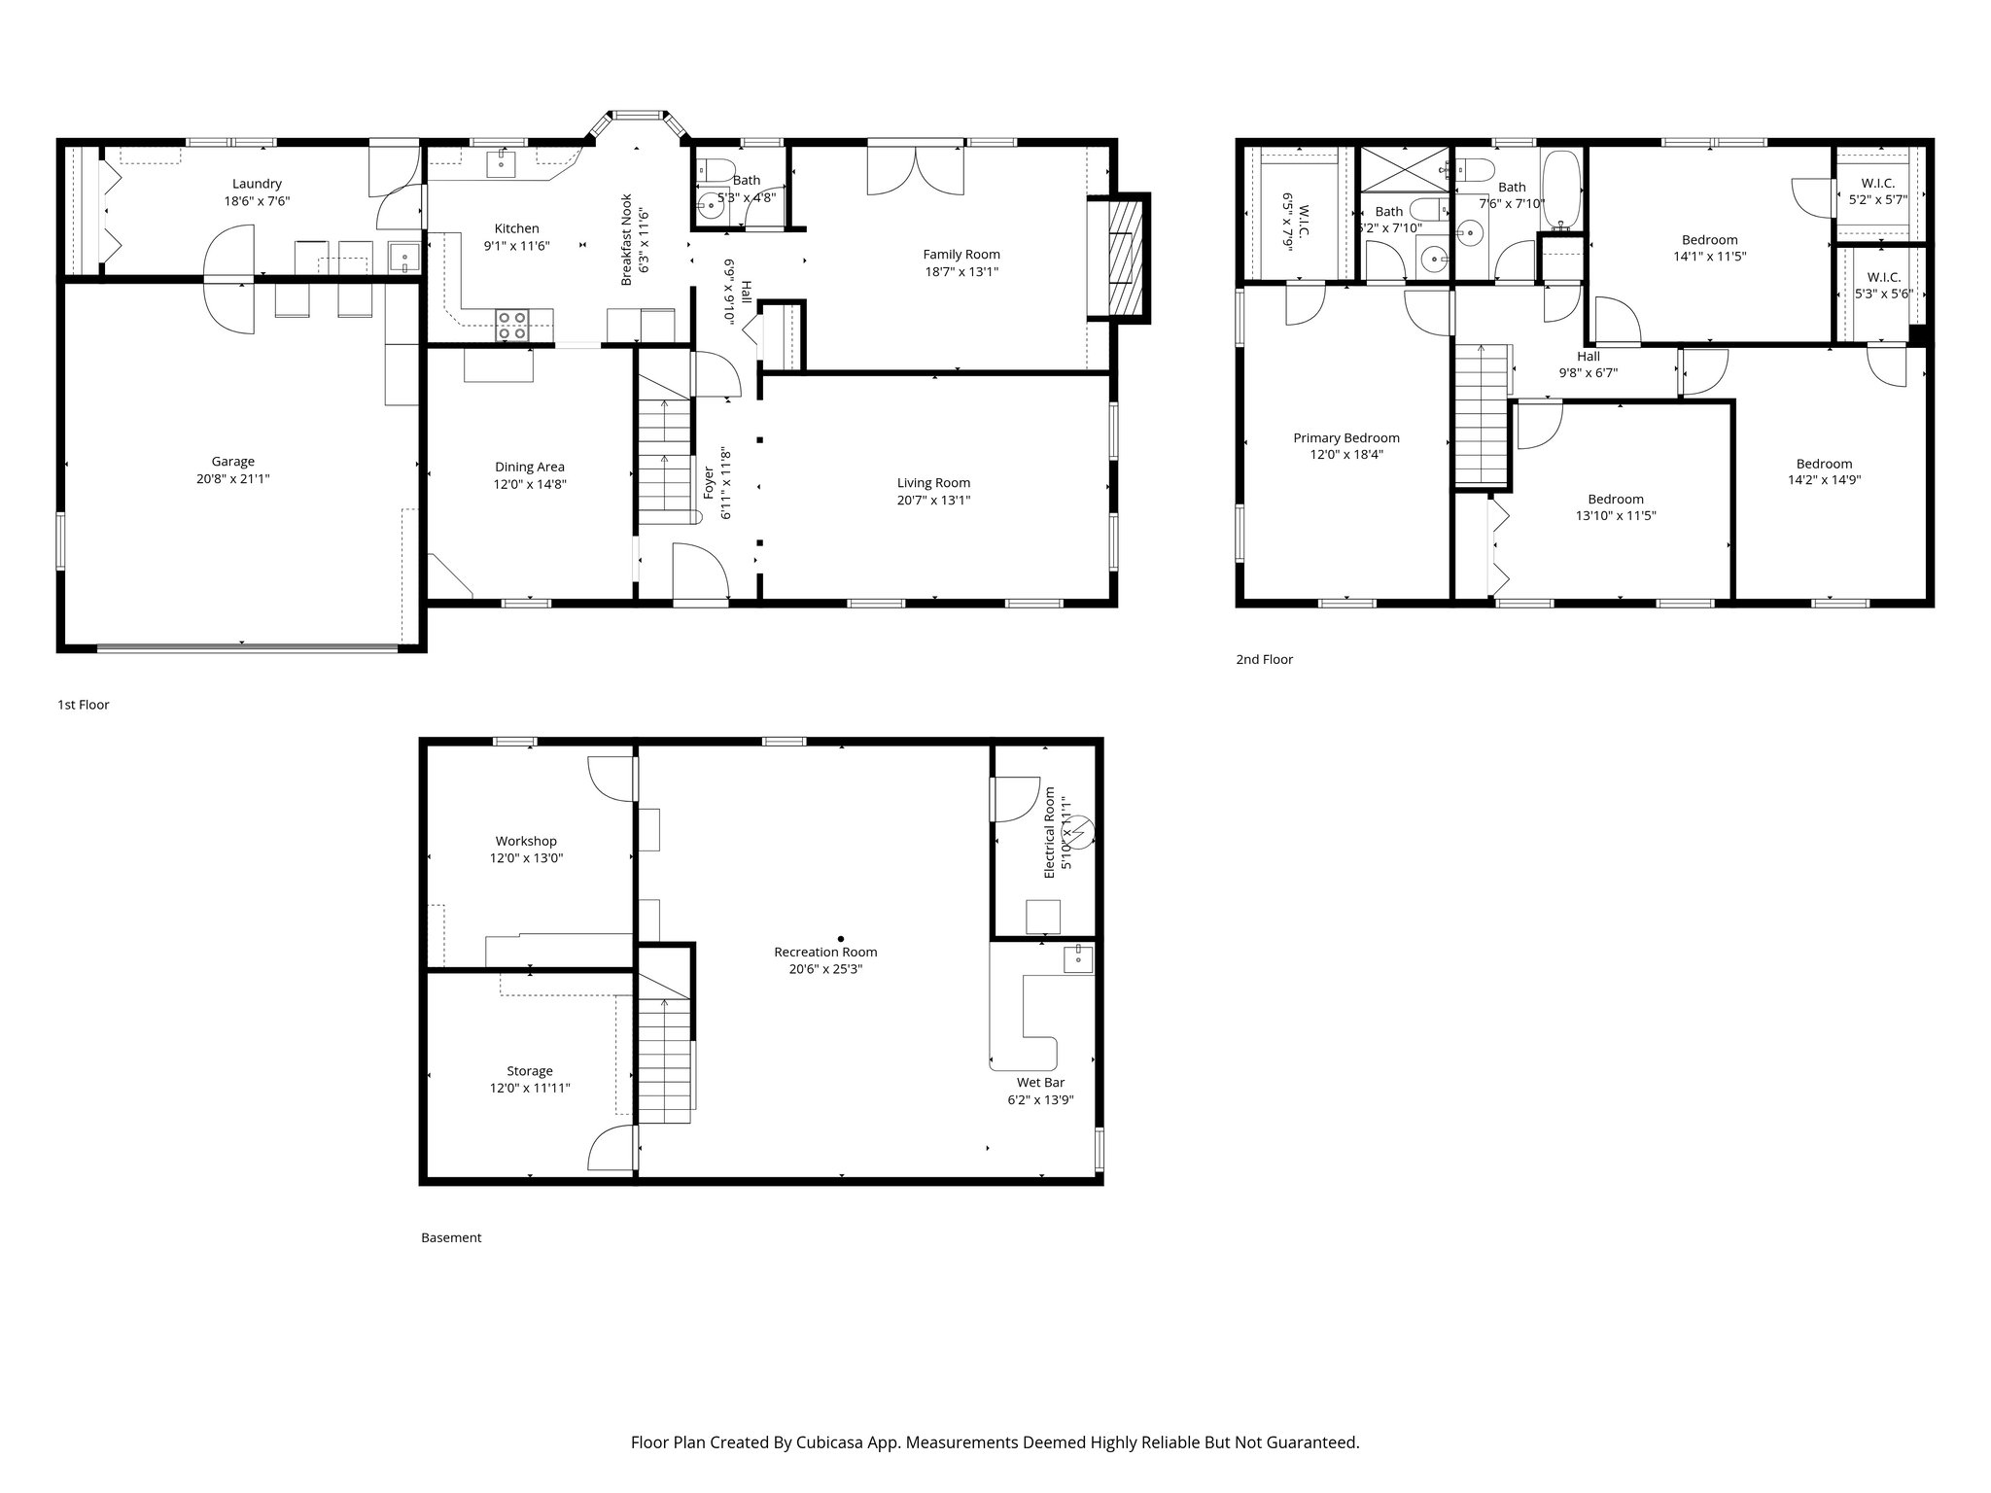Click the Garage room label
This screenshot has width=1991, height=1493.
point(233,462)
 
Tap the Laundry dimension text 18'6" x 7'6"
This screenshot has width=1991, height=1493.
point(257,201)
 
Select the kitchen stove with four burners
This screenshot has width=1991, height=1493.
point(512,325)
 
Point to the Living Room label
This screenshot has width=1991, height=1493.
point(933,483)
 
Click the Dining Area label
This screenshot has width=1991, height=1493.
point(529,467)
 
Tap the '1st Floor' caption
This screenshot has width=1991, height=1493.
point(84,705)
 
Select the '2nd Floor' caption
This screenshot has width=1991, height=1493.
point(1264,659)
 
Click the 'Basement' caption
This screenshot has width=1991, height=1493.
point(451,1237)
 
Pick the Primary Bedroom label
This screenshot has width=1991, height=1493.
point(1345,438)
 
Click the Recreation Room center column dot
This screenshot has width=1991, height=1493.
point(841,939)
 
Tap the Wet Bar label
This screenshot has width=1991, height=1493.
point(1040,1082)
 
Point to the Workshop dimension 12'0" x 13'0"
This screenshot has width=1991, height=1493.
point(526,858)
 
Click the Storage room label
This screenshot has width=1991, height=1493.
point(529,1071)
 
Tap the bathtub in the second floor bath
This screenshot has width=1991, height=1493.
point(1562,190)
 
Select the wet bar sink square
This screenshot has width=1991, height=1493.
point(1078,958)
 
